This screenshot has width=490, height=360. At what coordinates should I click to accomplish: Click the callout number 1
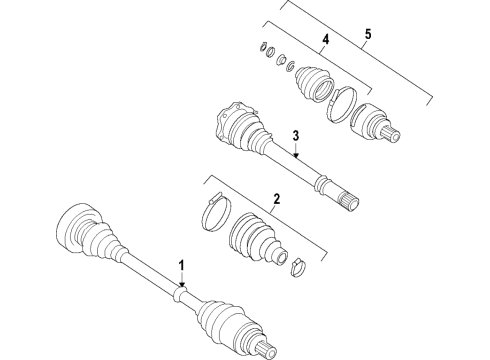click(182, 266)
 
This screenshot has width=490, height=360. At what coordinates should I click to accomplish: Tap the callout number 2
click(276, 199)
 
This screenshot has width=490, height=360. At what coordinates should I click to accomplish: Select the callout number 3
click(296, 136)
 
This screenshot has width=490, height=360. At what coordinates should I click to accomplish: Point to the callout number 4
click(325, 39)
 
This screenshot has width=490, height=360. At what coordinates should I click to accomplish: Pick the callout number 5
click(368, 34)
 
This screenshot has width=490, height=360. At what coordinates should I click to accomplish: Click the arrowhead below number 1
click(182, 284)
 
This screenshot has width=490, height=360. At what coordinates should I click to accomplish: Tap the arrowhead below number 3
click(296, 154)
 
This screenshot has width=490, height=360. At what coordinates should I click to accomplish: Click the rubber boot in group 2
click(257, 238)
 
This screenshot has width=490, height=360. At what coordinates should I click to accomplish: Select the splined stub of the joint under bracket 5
click(391, 134)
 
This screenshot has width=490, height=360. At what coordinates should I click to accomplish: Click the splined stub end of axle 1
click(266, 349)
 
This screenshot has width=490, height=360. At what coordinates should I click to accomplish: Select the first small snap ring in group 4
click(263, 46)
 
